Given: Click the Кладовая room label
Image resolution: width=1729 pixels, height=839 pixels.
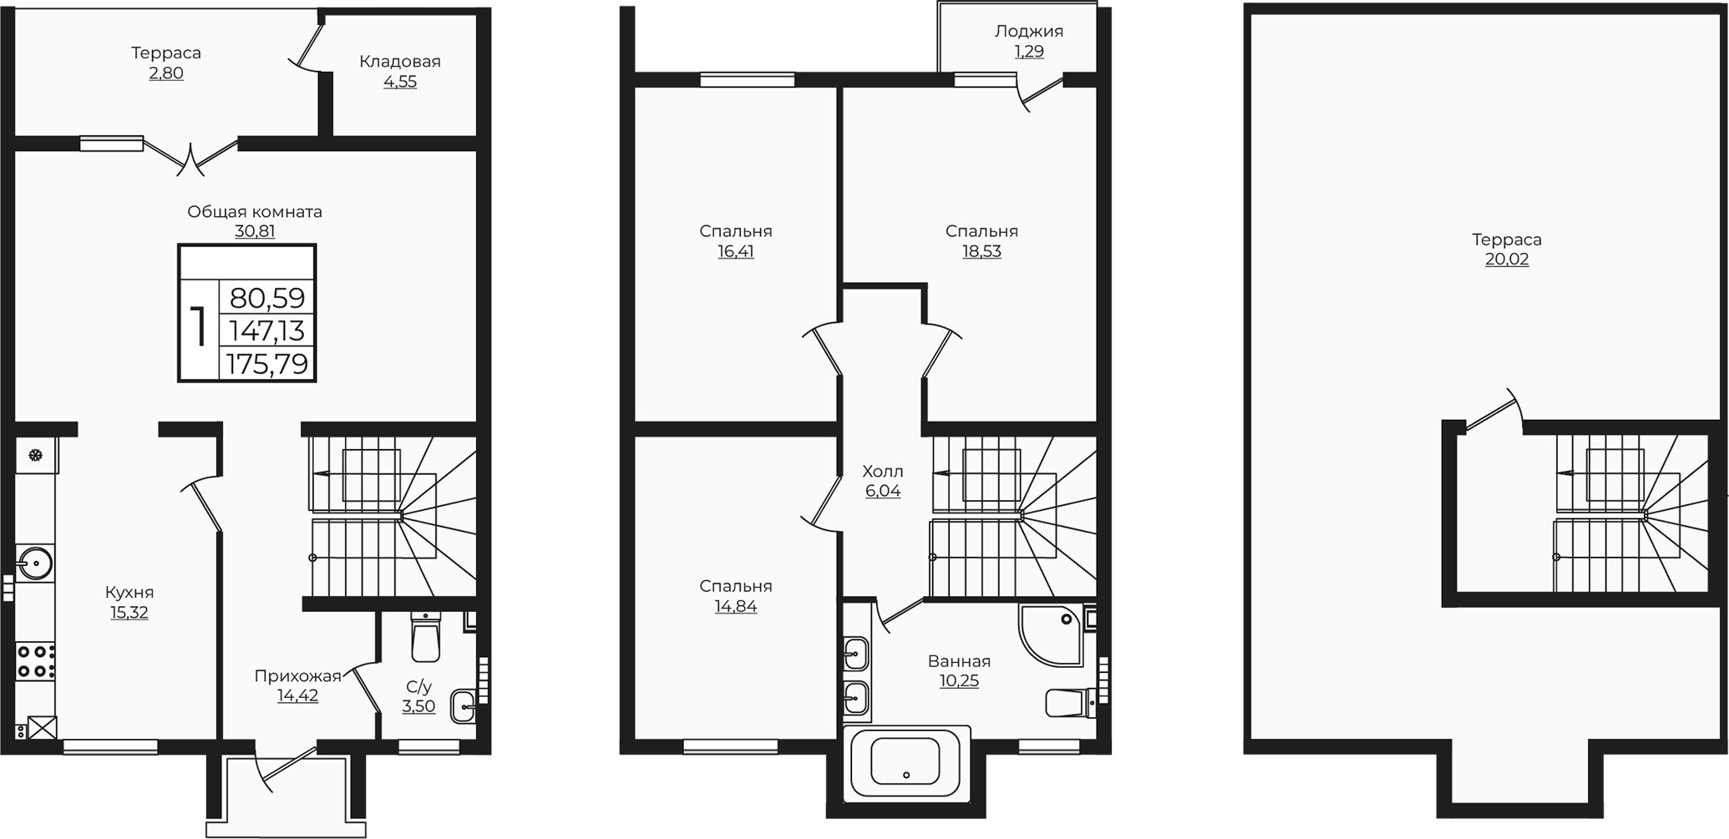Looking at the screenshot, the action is tap(400, 61).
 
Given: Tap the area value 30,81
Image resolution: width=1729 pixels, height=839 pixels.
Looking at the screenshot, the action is tap(255, 231).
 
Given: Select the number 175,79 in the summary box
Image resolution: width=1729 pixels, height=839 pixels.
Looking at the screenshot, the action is tap(267, 364).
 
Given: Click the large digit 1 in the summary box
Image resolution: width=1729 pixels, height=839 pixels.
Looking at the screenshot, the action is tap(199, 327).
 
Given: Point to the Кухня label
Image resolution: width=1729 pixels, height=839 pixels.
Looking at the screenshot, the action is tap(129, 593).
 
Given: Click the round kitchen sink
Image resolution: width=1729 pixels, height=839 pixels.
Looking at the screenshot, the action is tap(36, 563).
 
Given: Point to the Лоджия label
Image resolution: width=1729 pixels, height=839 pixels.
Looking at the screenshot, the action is tap(1029, 32).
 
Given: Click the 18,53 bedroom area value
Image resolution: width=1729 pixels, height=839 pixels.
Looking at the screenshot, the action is tap(981, 251).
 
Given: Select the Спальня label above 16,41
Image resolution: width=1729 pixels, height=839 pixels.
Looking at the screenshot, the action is tap(736, 231).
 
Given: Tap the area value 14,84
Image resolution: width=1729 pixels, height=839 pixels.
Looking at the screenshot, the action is tap(736, 607).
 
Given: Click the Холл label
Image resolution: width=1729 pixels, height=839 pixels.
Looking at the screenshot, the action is tap(883, 472).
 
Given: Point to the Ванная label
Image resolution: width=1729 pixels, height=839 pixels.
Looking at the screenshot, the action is tap(959, 661).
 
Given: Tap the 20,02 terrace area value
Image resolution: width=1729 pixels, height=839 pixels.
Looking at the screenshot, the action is tap(1507, 260).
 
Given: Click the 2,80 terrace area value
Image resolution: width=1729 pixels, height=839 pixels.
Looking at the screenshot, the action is tap(166, 73).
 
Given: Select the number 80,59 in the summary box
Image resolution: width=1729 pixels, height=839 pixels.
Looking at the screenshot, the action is tap(267, 298).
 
